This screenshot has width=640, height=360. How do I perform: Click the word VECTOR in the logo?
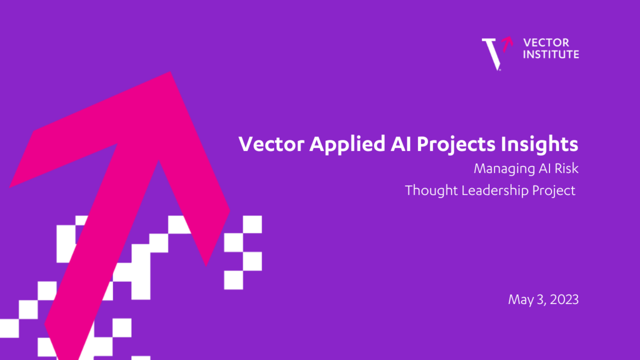tap(546, 43)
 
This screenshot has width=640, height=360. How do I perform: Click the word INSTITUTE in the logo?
tap(551, 54)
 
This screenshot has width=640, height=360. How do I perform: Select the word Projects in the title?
tap(456, 144)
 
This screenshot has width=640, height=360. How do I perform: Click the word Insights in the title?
tap(540, 144)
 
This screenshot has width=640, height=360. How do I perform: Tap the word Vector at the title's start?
tap(272, 144)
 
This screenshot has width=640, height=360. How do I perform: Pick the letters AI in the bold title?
tap(401, 144)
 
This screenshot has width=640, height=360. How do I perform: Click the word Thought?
tap(431, 190)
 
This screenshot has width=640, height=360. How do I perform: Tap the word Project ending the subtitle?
tap(554, 190)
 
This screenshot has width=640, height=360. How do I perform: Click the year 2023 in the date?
tap(564, 300)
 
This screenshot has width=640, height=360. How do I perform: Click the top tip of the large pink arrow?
tap(170, 72)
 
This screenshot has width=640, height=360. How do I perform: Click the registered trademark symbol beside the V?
tap(500, 70)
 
